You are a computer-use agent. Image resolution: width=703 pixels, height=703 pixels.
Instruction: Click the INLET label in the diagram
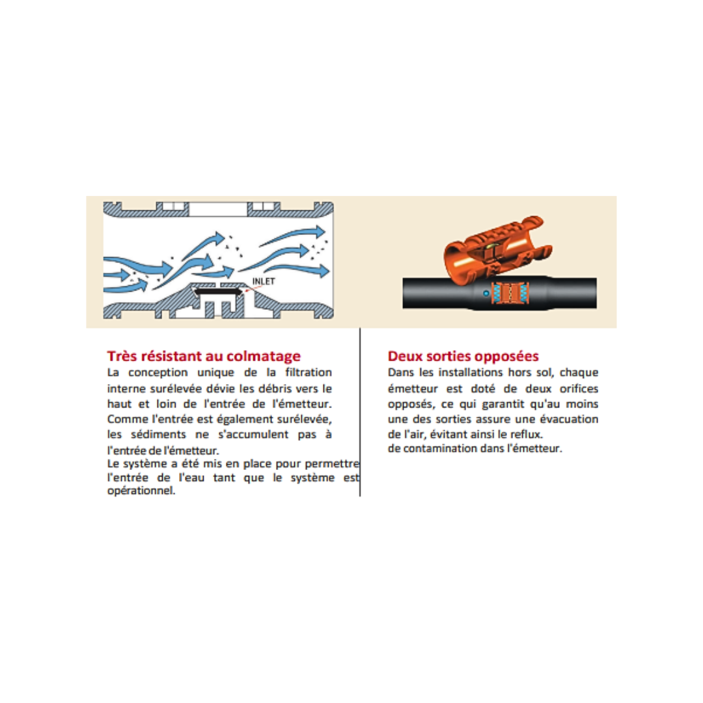264,282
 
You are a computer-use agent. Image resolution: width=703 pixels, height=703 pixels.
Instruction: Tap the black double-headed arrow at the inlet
218,292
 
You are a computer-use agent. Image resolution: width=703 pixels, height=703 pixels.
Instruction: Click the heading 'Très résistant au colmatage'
204,356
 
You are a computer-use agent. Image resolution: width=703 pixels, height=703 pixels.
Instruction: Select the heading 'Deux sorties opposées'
463,356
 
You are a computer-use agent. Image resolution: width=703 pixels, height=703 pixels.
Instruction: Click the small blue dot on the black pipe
486,294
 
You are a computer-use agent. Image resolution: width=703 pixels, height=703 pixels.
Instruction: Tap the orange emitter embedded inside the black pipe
512,293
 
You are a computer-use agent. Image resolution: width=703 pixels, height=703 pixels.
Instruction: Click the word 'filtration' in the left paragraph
309,372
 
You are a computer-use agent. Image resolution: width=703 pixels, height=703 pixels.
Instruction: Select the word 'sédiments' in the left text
158,434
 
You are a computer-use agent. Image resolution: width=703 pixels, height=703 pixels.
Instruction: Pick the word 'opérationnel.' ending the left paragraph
141,491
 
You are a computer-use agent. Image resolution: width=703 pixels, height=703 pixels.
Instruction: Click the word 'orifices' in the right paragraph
579,389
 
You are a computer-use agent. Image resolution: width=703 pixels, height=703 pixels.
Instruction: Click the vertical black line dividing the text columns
360,412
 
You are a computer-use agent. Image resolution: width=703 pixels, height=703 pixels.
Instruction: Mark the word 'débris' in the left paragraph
275,389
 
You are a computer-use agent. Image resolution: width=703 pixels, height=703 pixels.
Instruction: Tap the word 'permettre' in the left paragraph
332,464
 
